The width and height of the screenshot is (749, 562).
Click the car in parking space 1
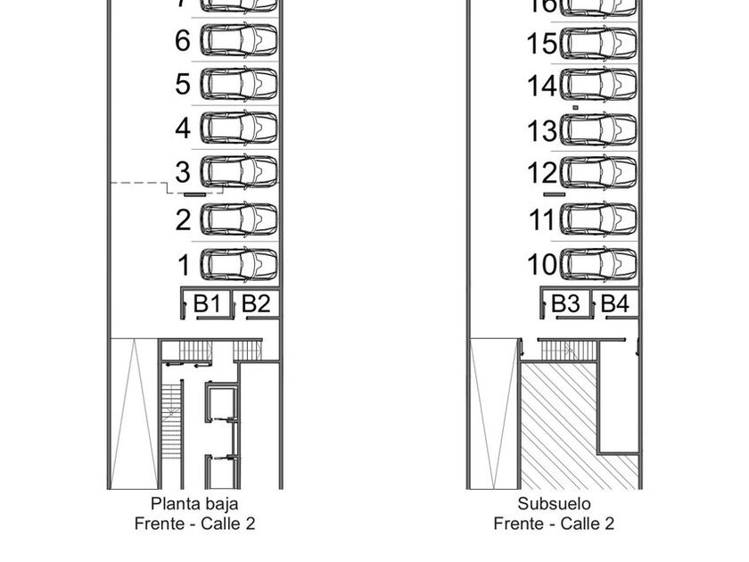(x=239, y=264)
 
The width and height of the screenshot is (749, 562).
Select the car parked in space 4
(x=239, y=128)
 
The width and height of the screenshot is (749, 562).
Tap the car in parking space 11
(x=599, y=219)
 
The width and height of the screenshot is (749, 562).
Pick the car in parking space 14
(x=599, y=86)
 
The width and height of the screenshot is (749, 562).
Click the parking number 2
(x=183, y=219)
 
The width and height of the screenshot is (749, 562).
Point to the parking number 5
(x=183, y=85)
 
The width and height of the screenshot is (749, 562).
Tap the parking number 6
(x=183, y=41)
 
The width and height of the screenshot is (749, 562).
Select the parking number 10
(x=542, y=265)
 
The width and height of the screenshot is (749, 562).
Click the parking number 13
(x=542, y=132)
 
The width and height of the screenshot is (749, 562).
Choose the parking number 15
(x=542, y=43)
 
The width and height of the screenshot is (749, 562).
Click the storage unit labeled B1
(x=207, y=303)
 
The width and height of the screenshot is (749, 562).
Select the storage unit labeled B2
(x=256, y=303)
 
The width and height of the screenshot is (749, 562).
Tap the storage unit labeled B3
(x=565, y=303)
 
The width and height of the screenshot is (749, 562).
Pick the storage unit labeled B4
(x=614, y=303)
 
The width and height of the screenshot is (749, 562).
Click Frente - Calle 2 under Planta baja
(x=194, y=524)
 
